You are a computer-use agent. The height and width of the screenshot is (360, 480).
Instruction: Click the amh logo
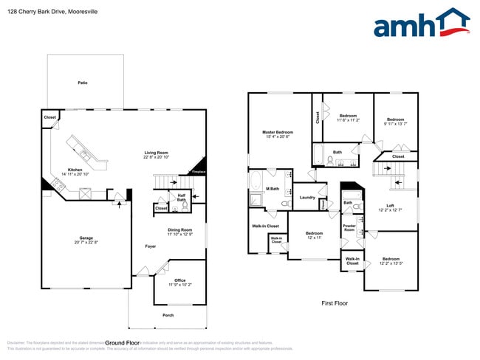click(421, 24)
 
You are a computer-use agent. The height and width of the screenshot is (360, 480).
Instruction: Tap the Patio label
click(83, 83)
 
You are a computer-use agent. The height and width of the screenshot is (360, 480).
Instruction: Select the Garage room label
click(87, 238)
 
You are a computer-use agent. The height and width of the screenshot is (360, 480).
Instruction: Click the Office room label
click(179, 280)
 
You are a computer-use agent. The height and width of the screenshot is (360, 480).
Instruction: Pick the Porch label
click(168, 314)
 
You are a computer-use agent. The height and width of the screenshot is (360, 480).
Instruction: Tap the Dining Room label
click(179, 229)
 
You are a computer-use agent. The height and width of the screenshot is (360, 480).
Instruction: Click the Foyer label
click(150, 246)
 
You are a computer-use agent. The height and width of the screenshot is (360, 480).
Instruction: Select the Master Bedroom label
click(278, 132)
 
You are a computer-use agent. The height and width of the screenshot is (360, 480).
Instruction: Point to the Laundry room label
click(308, 197)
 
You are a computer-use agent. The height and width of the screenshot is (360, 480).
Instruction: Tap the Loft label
click(391, 206)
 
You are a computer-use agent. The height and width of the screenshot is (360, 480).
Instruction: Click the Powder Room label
click(349, 228)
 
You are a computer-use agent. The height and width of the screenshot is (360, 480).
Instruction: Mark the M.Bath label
click(272, 189)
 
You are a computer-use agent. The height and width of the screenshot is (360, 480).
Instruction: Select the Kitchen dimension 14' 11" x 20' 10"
click(75, 174)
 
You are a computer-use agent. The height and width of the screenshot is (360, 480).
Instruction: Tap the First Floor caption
click(334, 303)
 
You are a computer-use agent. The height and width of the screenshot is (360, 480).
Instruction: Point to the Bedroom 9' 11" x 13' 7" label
click(396, 123)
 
